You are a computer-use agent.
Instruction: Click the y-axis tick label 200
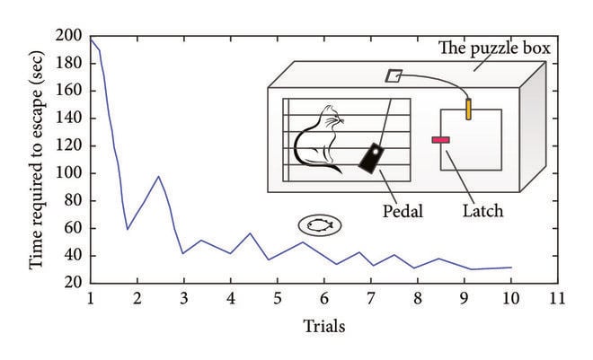[69, 36]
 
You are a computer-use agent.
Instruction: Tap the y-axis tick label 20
[72, 283]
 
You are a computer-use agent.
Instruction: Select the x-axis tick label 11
[557, 299]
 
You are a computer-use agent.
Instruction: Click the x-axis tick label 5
[278, 299]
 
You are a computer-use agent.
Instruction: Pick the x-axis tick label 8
[418, 299]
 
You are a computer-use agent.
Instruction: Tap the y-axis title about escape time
[37, 160]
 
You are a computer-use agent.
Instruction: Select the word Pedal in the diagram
[403, 212]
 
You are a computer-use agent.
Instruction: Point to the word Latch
[482, 212]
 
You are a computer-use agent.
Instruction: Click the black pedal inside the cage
[371, 159]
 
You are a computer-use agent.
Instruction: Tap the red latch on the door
[441, 139]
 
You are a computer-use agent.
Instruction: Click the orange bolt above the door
[468, 110]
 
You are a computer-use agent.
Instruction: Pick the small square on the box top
[394, 76]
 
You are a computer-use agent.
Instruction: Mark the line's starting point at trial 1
[91, 38]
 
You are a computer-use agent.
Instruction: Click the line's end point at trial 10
[511, 268]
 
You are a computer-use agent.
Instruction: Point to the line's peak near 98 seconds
[158, 176]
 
